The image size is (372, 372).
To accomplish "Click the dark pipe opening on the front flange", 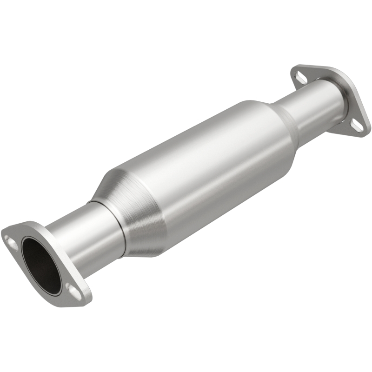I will point(41,262).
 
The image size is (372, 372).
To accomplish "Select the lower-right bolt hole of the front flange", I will point(73,290).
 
